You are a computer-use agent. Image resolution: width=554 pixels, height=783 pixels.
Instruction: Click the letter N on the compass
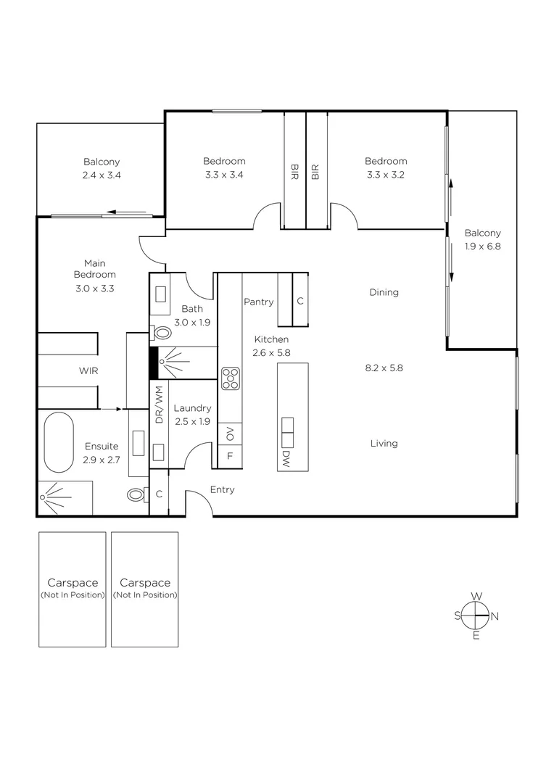pyautogui.click(x=495, y=616)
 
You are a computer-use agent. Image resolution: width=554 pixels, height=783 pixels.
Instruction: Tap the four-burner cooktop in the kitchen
pyautogui.click(x=231, y=378)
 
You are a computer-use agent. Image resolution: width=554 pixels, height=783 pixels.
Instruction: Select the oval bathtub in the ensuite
pyautogui.click(x=58, y=443)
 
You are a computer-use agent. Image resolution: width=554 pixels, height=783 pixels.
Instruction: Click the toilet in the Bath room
pyautogui.click(x=162, y=333)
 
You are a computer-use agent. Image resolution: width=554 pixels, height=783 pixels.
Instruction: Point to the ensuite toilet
pyautogui.click(x=136, y=495)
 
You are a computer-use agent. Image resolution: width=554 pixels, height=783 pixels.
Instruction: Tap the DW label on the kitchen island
pyautogui.click(x=286, y=459)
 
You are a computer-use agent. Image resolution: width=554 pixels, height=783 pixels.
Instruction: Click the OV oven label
pyautogui.click(x=230, y=434)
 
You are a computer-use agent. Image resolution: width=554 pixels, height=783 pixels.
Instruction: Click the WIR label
pyautogui.click(x=88, y=370)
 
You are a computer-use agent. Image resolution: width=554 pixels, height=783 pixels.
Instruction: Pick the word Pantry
pyautogui.click(x=258, y=302)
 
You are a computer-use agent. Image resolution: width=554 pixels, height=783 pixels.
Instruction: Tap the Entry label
pyautogui.click(x=222, y=489)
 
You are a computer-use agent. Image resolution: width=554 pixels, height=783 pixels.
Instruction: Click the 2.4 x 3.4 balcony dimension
pyautogui.click(x=102, y=175)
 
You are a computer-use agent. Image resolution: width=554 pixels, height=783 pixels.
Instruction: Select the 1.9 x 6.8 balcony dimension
pyautogui.click(x=482, y=246)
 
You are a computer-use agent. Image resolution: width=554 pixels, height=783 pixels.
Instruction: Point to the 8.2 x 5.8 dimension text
pyautogui.click(x=384, y=368)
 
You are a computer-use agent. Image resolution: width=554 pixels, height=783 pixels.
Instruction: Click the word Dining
pyautogui.click(x=384, y=292)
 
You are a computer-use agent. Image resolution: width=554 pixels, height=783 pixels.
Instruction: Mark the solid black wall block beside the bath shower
pyautogui.click(x=153, y=363)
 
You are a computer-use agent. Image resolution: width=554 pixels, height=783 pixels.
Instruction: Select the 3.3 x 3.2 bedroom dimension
pyautogui.click(x=385, y=175)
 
